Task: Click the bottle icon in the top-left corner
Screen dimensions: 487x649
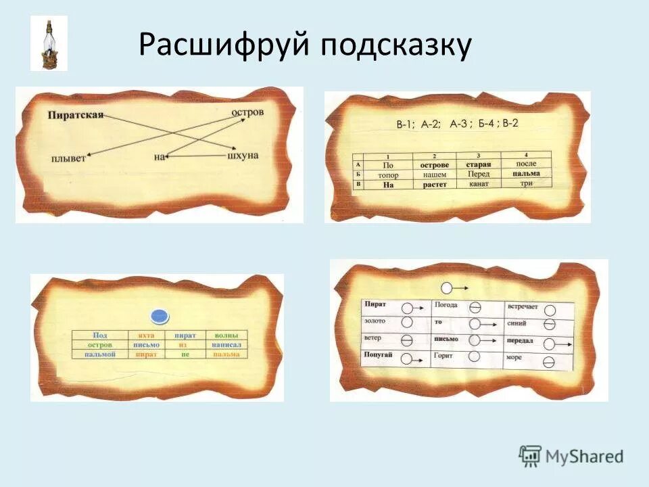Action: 49,43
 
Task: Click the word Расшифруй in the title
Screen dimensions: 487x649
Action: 222,45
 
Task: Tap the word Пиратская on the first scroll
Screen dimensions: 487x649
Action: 75,115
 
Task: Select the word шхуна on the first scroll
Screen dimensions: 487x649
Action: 243,156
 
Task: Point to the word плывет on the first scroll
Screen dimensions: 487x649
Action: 68,158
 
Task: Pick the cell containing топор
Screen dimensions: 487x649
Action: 387,175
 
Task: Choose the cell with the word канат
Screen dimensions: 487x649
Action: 478,183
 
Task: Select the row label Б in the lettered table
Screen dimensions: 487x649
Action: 357,174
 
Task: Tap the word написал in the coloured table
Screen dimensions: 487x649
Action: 226,344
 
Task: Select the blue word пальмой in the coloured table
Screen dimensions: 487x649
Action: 100,354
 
